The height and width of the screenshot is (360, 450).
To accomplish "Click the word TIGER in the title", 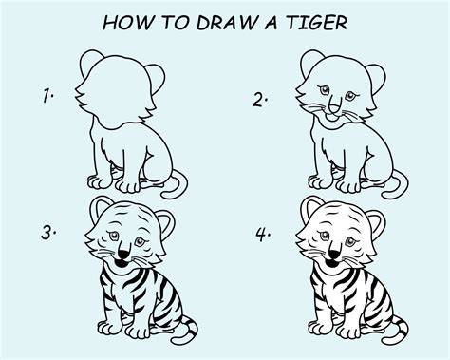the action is [317, 23].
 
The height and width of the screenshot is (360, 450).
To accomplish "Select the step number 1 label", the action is [47, 96].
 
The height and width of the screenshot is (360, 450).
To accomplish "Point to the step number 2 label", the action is [260, 100].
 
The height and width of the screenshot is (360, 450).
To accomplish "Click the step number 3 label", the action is [48, 233].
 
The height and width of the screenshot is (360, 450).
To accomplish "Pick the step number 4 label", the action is [263, 235].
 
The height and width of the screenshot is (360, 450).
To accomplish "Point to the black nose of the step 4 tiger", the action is [333, 254].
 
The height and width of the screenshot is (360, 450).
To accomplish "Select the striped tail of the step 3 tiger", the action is [188, 331].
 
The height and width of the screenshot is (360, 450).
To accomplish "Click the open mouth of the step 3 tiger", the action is [121, 263].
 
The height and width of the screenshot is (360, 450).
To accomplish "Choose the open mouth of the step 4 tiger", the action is [331, 263].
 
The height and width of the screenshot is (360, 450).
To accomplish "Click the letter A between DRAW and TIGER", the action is [272, 23].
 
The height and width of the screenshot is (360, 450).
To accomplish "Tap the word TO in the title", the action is [176, 23].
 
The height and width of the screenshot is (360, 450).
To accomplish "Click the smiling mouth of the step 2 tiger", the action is [331, 118].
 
